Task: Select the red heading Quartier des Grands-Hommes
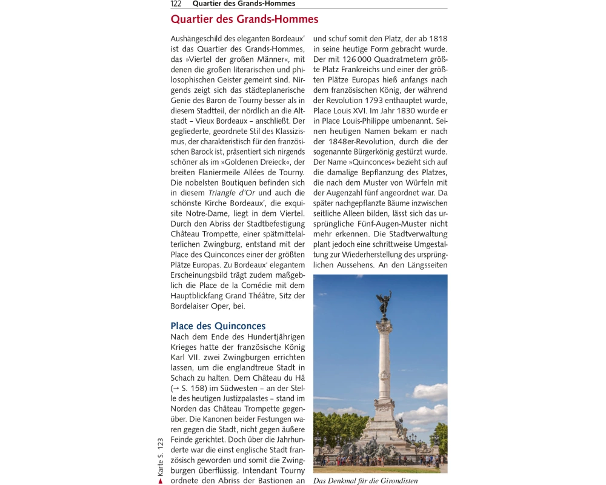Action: click(244, 19)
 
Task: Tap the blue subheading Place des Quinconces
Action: click(218, 326)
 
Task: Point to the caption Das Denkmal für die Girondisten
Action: click(365, 481)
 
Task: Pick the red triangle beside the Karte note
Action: click(161, 481)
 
